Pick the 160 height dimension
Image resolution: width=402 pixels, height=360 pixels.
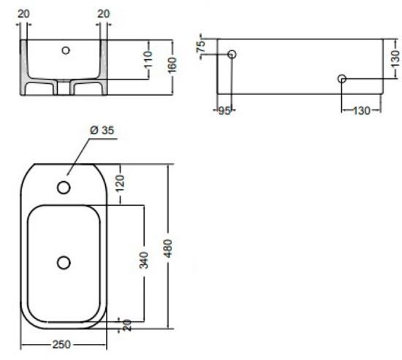pyautogui.click(x=172, y=65)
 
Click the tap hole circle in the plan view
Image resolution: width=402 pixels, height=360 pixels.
pyautogui.click(x=64, y=188)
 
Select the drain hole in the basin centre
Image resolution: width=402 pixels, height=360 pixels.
pyautogui.click(x=64, y=261)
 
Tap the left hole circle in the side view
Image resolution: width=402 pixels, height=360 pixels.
pyautogui.click(x=232, y=55)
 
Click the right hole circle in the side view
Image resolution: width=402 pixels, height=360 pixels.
pyautogui.click(x=341, y=79)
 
